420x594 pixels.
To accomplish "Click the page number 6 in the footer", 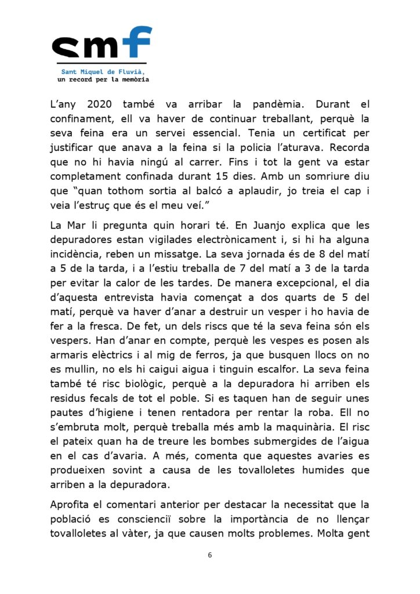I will click(x=210, y=555).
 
